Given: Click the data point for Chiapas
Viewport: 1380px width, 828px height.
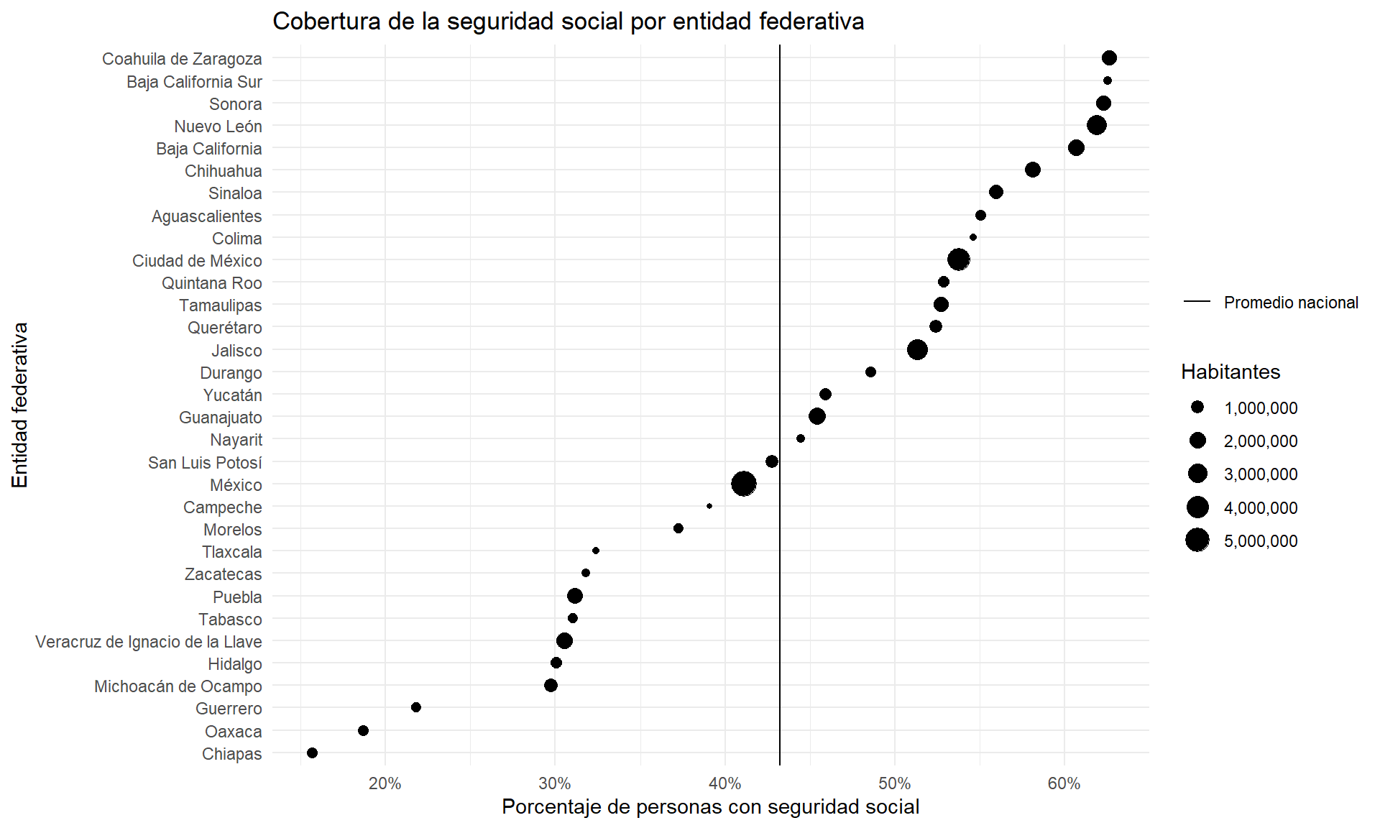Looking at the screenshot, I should coord(312,753).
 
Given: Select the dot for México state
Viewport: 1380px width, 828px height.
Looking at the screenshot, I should coord(744,484).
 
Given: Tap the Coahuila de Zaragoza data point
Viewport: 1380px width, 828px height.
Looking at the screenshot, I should coord(1109,58).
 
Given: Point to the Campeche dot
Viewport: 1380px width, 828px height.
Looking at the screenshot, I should coord(709,506).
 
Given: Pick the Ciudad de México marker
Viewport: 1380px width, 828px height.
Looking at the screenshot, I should coord(959,259).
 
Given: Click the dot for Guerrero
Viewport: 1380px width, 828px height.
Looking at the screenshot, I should coord(416,707).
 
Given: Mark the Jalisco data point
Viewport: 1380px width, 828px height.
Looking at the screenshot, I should coord(917,350).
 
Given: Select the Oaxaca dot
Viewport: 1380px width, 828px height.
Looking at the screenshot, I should coord(363,730).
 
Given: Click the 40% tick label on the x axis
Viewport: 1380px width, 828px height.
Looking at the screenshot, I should coord(724,783).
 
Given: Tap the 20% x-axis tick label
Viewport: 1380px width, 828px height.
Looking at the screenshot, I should coord(385,783).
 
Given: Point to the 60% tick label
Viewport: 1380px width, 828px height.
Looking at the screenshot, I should coord(1064,783).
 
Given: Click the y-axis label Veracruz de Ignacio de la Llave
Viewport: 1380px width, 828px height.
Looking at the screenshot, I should coord(149,642).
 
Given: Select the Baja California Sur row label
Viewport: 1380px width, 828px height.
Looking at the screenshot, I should coord(194,82).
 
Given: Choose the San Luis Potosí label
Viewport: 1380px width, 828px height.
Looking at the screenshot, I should coord(205,463).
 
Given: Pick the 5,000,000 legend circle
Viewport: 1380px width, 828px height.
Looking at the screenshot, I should coord(1197,540).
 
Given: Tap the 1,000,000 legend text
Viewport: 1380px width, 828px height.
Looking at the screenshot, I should coord(1261,408).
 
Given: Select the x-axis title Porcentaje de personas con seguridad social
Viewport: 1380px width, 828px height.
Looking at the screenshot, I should coord(710,806).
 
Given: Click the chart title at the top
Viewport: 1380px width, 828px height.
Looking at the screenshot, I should coord(568,22).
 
